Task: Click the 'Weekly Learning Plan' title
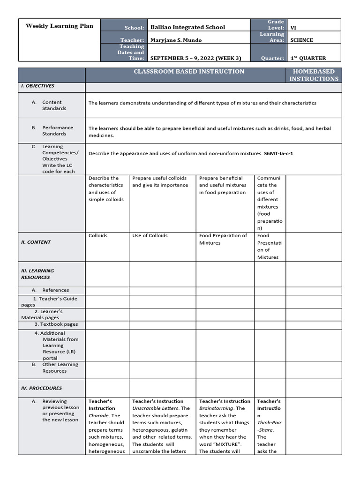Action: click(x=59, y=26)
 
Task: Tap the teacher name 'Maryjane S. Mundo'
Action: click(x=176, y=40)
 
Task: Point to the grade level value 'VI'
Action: click(x=293, y=28)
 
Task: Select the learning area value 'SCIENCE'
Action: click(x=301, y=40)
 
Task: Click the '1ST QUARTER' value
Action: click(x=308, y=58)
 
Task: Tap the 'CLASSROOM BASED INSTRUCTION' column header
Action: click(x=189, y=72)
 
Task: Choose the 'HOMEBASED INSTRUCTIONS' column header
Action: click(x=314, y=75)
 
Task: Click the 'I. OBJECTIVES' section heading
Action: click(x=37, y=86)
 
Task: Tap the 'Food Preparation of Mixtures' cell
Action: click(x=223, y=239)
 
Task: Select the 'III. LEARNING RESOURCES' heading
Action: click(x=37, y=274)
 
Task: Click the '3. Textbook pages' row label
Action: click(x=56, y=324)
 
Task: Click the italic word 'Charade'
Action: click(x=99, y=415)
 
